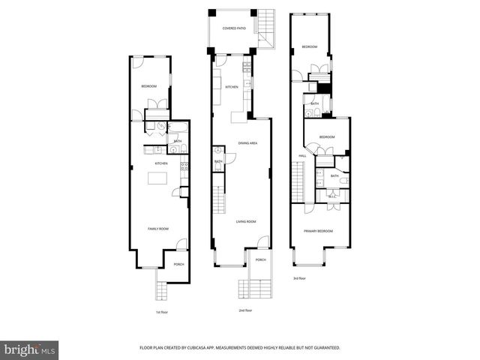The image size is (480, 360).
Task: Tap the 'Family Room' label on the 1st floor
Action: click(x=157, y=228)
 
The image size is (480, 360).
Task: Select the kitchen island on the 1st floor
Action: click(x=157, y=178)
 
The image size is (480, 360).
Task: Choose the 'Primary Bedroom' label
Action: click(x=318, y=231)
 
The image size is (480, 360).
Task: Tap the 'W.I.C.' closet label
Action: click(x=332, y=196)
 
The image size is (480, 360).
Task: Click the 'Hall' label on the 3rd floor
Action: click(x=302, y=156)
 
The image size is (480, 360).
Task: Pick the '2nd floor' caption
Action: click(x=244, y=310)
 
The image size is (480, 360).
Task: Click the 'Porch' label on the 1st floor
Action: click(x=178, y=264)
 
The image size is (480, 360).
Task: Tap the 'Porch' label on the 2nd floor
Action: click(x=260, y=259)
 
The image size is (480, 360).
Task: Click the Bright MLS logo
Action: click(x=30, y=349)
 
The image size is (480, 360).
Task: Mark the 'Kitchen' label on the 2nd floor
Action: click(x=232, y=87)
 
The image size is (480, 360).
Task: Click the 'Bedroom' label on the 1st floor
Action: click(x=148, y=87)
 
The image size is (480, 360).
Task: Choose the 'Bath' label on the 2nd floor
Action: click(x=218, y=161)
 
